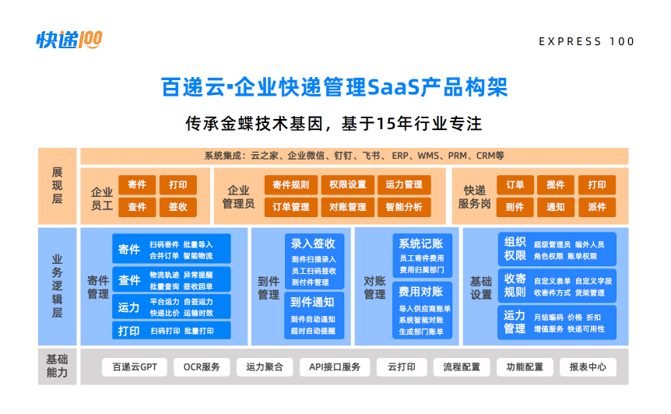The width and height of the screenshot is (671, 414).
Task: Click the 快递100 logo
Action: tap(69, 40)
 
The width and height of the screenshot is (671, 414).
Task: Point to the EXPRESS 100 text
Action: tap(586, 41)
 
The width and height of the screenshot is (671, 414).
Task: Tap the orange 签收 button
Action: tap(178, 207)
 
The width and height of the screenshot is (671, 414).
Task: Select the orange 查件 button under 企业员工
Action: tap(137, 207)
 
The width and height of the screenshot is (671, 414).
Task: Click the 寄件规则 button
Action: tap(291, 184)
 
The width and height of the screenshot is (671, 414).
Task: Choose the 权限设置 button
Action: tap(347, 184)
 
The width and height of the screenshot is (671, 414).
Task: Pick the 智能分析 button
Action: tap(404, 207)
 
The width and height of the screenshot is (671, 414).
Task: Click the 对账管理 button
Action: tap(347, 207)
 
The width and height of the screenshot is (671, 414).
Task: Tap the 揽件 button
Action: tap(556, 184)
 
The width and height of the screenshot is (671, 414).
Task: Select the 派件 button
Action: tap(597, 207)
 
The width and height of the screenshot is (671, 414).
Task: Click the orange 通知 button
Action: tap(556, 207)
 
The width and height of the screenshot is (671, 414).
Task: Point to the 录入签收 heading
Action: tap(313, 244)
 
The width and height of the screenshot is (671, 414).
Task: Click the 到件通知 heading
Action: tap(312, 303)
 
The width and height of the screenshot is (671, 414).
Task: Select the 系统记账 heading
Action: tap(421, 244)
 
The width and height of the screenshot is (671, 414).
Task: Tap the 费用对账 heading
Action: tap(421, 292)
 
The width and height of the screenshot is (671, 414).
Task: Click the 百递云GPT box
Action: tap(135, 367)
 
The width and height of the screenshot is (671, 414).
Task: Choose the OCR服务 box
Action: tap(202, 367)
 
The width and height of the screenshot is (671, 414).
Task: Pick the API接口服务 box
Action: tap(335, 367)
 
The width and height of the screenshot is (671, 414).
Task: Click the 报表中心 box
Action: tap(588, 367)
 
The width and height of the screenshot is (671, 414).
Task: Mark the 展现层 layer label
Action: tap(58, 186)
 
